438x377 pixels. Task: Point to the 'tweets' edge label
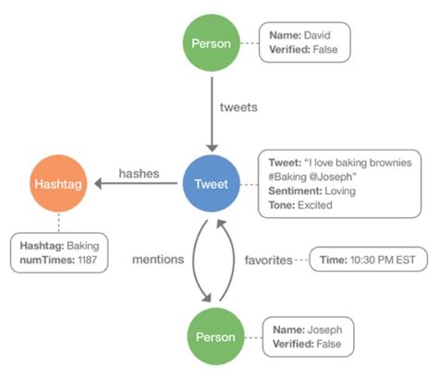point(238,107)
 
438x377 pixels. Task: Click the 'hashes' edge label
point(140,175)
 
